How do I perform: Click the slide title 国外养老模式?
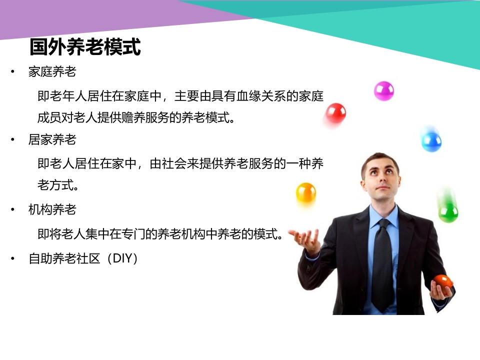[85, 46]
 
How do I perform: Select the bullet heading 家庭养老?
[52, 71]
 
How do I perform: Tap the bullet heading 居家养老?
[52, 139]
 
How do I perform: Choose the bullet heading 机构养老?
[52, 209]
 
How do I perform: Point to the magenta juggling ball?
[384, 91]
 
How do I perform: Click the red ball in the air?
[336, 113]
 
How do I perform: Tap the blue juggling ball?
[431, 141]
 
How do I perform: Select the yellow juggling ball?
[306, 192]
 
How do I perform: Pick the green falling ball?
[448, 212]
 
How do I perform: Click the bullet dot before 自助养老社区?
[12, 258]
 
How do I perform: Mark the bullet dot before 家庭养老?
[12, 72]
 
